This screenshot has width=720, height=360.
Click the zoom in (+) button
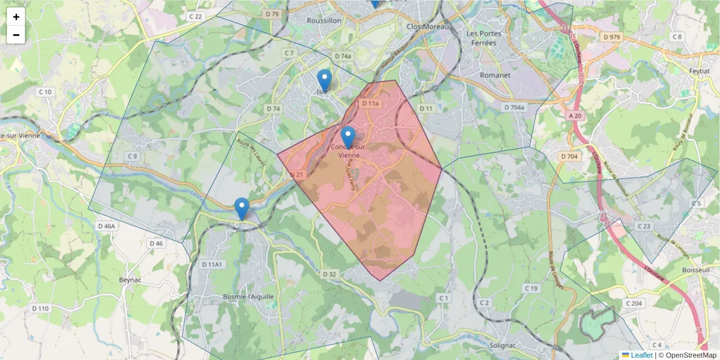click(x=16, y=17)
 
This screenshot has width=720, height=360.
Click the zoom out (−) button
click(x=16, y=35)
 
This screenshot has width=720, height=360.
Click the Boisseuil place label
click(x=696, y=271)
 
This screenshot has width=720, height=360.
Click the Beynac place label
click(x=130, y=280)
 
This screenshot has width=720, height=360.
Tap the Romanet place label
click(x=495, y=76)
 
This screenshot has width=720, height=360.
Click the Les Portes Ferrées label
click(x=484, y=38)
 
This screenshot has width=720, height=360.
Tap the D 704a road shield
click(x=514, y=107)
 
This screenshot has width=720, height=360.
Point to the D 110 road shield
click(x=40, y=308)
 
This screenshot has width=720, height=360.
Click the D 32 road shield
click(x=329, y=274)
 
